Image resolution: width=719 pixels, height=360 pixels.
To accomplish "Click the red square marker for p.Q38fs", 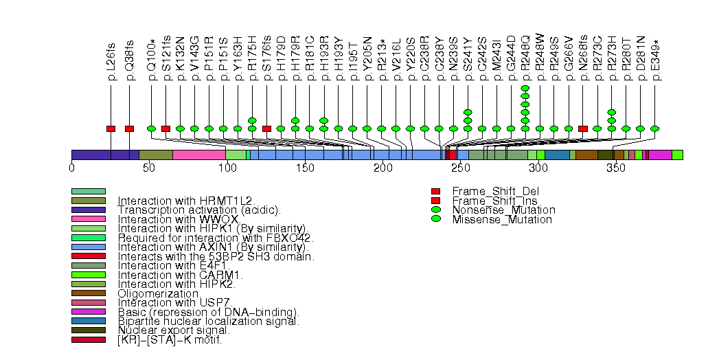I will coord(129,128).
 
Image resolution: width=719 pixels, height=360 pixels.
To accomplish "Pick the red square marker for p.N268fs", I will coord(583,128).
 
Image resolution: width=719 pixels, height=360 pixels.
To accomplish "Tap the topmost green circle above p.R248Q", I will coord(525,89).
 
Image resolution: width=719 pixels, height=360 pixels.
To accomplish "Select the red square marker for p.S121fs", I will coord(166,128).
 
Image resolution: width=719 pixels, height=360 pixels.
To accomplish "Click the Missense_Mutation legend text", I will coord(502,220).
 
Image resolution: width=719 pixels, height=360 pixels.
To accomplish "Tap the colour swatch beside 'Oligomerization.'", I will coord(89,293).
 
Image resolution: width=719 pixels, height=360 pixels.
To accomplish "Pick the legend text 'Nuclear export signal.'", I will coord(169,330).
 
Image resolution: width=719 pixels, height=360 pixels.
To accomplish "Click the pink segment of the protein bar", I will coord(198,155).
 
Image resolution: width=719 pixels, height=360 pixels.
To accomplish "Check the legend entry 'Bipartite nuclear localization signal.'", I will coord(208,321).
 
